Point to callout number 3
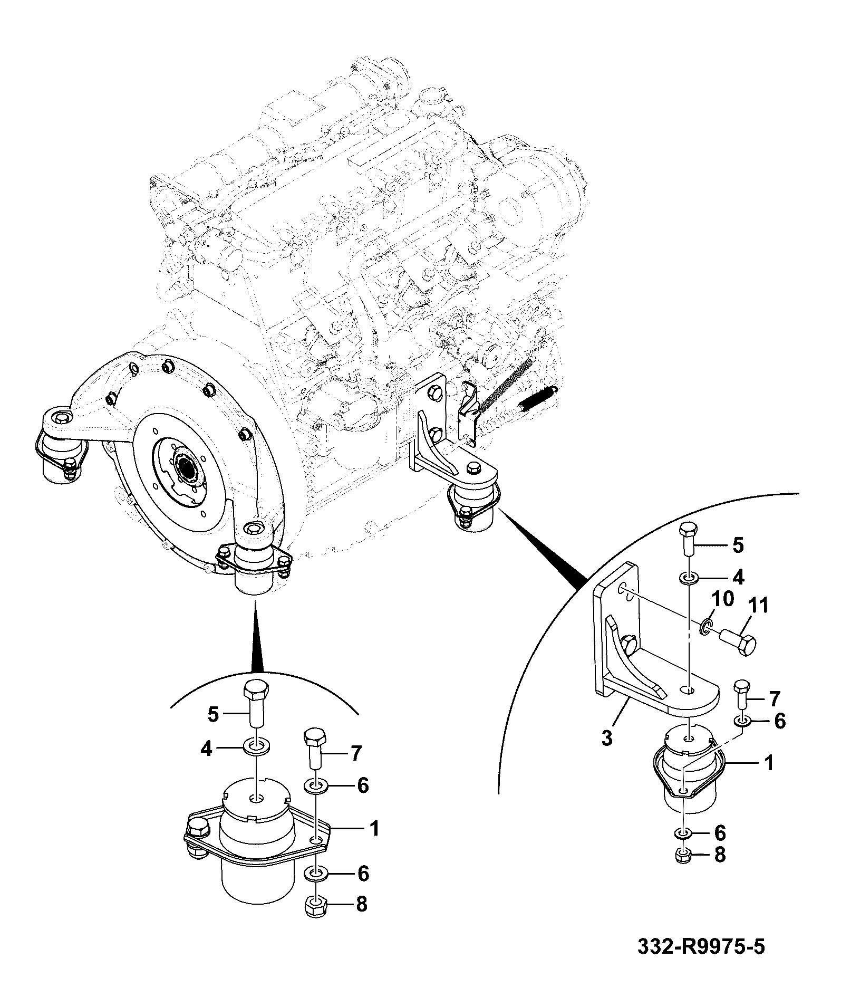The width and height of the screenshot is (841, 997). pos(607,738)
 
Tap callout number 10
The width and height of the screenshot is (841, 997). pos(723,600)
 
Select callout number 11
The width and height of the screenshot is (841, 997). pos(757,606)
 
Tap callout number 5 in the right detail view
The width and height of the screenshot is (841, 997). pos(738,545)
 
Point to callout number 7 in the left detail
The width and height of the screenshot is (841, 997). pos(356,754)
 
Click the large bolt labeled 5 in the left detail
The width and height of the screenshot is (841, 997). pos(255,703)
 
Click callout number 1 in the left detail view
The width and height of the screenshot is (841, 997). pos(375,829)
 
